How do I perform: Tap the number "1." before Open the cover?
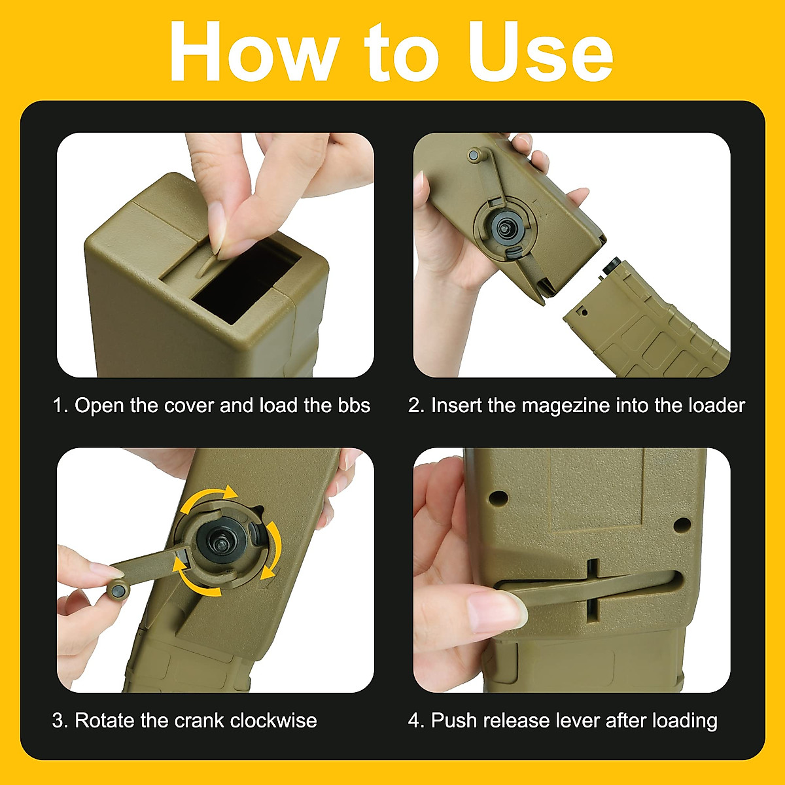[60, 406]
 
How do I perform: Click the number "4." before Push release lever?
[416, 721]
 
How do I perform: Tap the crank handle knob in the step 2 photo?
[475, 156]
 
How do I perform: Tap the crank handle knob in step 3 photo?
[117, 590]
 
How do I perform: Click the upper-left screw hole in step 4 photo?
[500, 498]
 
